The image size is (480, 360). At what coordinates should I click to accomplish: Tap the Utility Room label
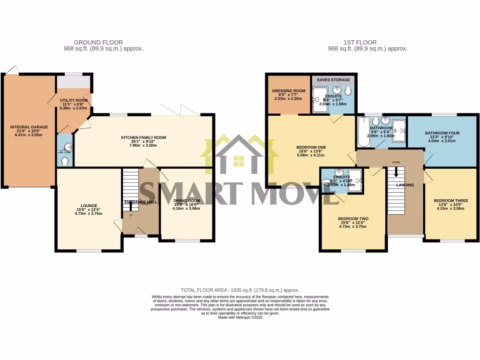click(x=74, y=100)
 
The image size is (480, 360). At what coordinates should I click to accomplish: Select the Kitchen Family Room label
click(x=143, y=137)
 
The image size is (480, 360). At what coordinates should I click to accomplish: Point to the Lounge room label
click(x=89, y=205)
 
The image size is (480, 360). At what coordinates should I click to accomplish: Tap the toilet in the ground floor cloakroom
click(x=65, y=161)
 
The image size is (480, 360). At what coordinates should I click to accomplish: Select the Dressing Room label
click(x=288, y=90)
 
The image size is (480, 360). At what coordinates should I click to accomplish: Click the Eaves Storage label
click(x=333, y=80)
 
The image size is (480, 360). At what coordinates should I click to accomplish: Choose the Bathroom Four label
click(x=442, y=133)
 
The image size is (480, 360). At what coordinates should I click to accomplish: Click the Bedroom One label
click(x=311, y=147)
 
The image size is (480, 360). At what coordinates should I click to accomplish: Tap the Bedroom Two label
click(x=353, y=218)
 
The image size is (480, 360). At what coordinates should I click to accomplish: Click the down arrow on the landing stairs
click(x=396, y=172)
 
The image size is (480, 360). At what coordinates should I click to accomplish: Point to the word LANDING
click(x=405, y=185)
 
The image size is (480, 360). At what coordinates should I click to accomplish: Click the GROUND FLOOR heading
click(x=103, y=42)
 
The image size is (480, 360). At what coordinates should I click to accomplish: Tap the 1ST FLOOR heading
click(x=367, y=42)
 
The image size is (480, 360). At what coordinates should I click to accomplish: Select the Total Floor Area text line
click(x=240, y=291)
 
